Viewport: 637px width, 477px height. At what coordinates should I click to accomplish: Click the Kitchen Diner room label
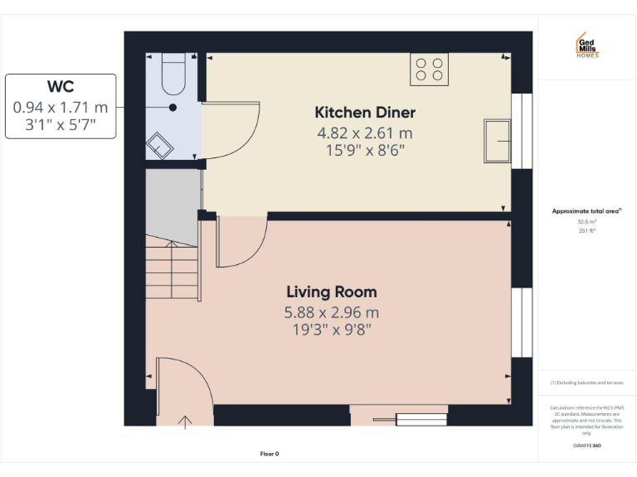coord(365,113)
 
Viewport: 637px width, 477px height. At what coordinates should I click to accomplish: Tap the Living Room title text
coord(331,292)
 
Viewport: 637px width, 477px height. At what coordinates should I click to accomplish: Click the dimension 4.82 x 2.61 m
coord(365,132)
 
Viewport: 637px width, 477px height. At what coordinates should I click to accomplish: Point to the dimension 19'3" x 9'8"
coord(331,330)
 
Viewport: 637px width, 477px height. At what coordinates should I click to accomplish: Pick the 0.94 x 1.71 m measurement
coord(61,107)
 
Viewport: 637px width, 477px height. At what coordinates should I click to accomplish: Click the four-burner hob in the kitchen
coord(429,69)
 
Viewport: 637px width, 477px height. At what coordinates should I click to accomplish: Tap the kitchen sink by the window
coord(497,140)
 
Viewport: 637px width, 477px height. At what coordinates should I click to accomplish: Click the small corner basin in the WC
coord(160,146)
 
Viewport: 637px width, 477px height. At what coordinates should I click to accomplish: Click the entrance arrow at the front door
coord(185,422)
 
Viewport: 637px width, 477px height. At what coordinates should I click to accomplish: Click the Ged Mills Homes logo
coord(586,46)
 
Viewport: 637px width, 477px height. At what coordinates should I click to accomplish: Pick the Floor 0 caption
coord(270,454)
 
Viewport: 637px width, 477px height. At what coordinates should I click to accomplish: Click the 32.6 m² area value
coord(586,222)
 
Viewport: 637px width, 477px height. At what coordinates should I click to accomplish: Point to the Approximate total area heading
coord(586,211)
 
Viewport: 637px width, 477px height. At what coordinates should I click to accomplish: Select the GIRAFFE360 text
coord(586,446)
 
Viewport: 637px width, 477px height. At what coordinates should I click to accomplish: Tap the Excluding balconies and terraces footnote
coord(586,383)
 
